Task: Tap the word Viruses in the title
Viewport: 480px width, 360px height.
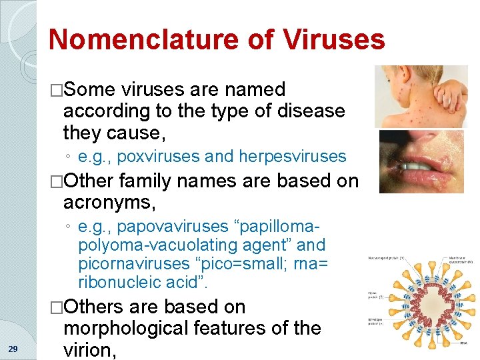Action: point(333,39)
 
